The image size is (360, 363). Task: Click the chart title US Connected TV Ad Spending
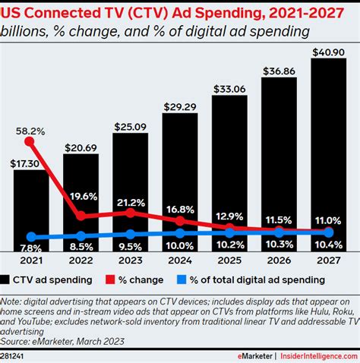(156, 11)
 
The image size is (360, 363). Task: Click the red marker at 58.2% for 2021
(30, 140)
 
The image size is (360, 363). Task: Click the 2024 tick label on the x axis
(181, 260)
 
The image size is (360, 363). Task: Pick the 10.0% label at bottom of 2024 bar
(181, 246)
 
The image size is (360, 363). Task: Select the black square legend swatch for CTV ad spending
(7, 279)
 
